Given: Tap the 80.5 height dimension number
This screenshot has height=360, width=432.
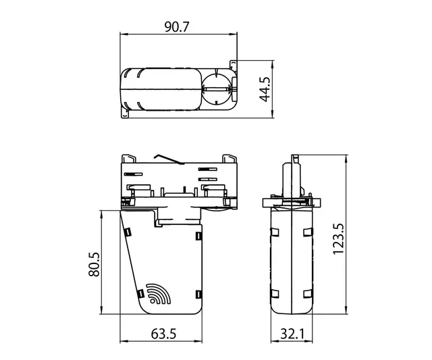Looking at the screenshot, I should coord(94,263).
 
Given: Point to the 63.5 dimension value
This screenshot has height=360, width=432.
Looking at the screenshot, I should coord(162,334).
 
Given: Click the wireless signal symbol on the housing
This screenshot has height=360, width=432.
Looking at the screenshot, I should coord(158,294).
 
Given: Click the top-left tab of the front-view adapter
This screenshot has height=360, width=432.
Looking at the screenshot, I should coord(127,158).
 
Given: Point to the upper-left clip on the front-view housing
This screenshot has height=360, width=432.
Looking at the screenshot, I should coord(126,232).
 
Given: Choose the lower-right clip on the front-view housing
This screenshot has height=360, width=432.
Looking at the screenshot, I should coord(198,294).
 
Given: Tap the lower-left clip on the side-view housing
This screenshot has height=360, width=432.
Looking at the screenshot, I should coord(275,294).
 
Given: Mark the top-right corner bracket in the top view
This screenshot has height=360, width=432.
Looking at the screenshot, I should coord(235,63).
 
